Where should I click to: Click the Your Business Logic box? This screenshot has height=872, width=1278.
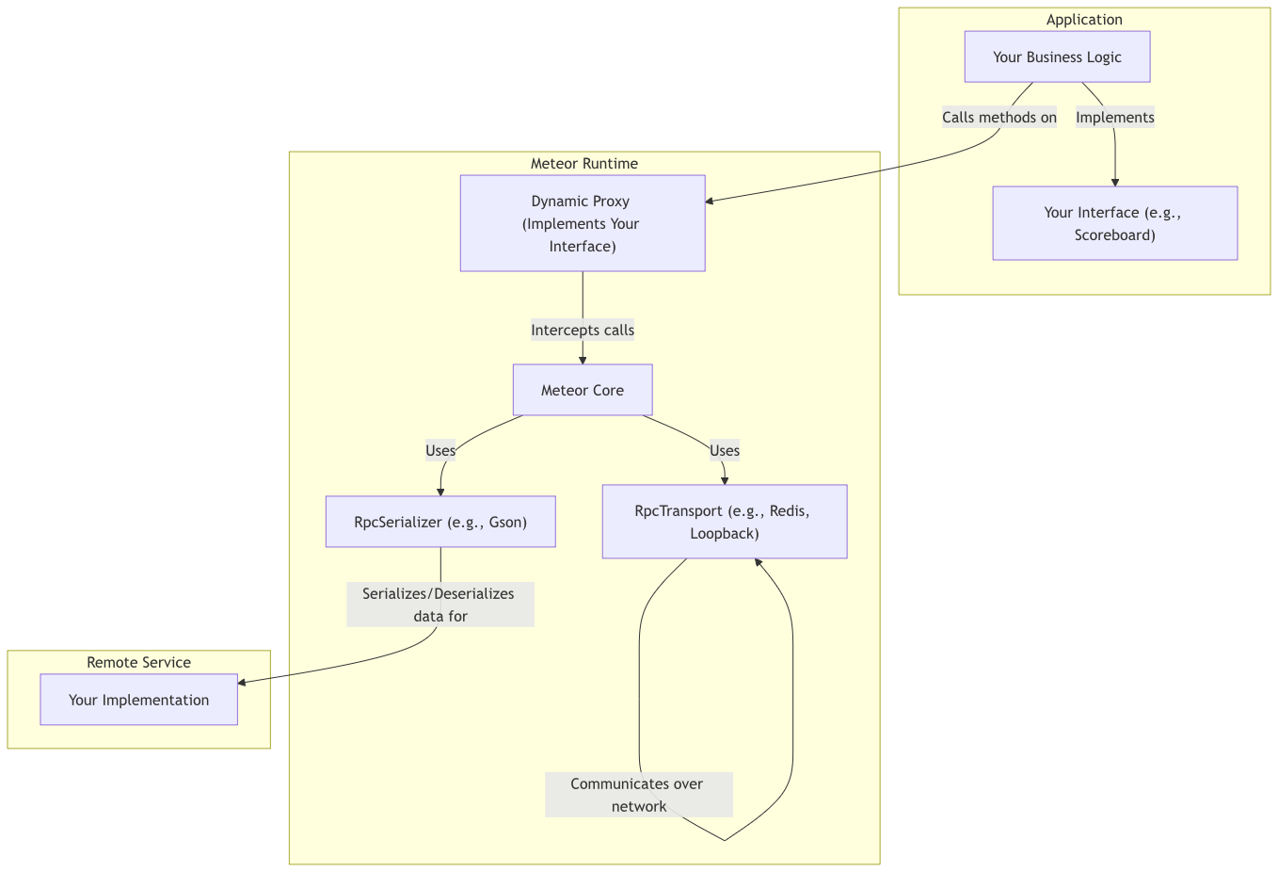tap(1057, 57)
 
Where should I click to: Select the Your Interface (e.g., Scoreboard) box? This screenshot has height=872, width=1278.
tap(1114, 223)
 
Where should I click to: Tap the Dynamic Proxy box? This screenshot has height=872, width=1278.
tap(582, 223)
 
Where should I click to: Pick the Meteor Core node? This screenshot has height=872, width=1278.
tap(582, 390)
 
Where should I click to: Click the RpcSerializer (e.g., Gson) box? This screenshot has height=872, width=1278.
tap(440, 522)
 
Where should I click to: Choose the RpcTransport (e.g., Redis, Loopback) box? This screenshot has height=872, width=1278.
tap(724, 522)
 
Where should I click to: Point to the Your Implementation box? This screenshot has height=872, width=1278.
tap(138, 700)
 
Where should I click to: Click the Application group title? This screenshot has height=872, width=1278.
tap(1084, 20)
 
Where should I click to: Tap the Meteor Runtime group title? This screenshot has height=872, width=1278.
tap(583, 164)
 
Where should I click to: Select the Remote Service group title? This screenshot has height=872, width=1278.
tap(138, 662)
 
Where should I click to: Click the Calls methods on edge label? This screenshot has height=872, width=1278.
tap(999, 118)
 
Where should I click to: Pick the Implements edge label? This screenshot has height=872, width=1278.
tap(1114, 118)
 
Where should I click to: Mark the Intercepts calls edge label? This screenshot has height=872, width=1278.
tap(582, 330)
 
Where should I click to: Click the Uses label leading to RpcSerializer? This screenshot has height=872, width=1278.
tap(440, 450)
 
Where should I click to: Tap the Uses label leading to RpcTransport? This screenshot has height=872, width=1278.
tap(724, 450)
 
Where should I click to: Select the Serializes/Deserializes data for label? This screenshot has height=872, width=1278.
tap(439, 605)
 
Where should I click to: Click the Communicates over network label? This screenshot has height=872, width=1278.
tap(638, 795)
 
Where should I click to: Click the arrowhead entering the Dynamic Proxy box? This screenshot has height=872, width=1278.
tap(711, 201)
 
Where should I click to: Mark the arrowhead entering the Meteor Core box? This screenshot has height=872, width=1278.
tap(583, 360)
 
